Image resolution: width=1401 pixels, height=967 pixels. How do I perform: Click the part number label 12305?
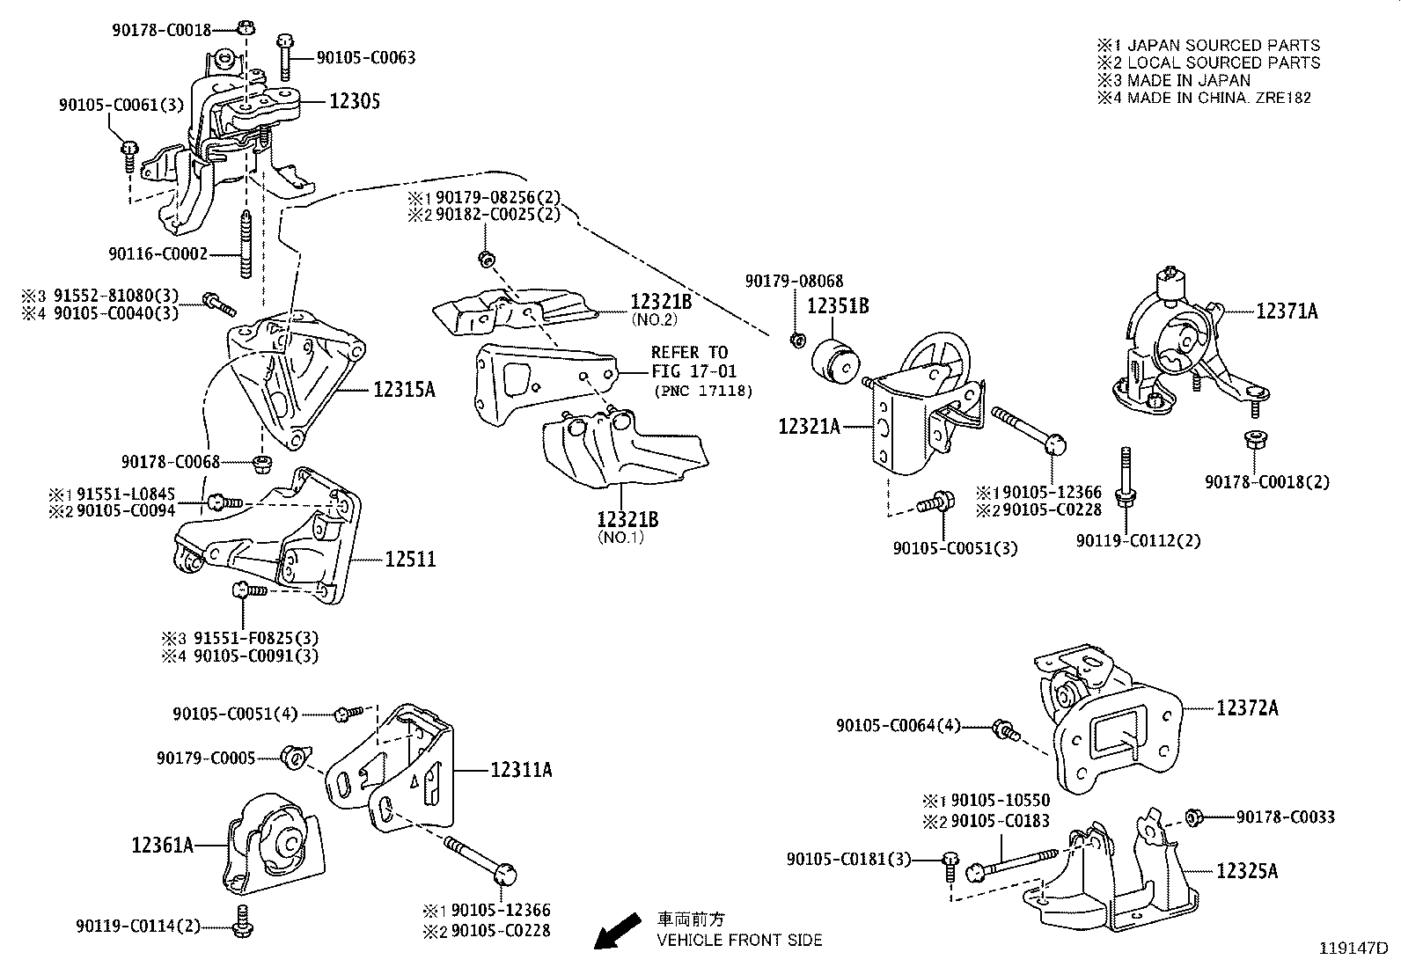[355, 102]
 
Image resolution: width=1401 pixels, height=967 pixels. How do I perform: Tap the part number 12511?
[410, 560]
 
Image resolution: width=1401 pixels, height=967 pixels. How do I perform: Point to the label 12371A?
[1287, 311]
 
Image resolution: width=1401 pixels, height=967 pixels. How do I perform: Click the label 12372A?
[1248, 707]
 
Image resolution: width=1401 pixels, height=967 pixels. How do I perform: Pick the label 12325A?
[1247, 871]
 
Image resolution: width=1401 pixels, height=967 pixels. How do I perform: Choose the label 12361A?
[163, 846]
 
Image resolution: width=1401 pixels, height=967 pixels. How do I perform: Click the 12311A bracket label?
[521, 770]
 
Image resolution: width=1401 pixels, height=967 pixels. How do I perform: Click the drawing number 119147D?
[1353, 949]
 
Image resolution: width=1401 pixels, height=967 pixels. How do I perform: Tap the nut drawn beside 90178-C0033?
[1194, 817]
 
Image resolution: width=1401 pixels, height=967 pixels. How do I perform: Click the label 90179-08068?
[794, 282]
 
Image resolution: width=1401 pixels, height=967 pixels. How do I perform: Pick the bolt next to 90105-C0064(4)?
[1004, 728]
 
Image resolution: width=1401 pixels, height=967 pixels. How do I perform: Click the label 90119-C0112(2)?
[1138, 540]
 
